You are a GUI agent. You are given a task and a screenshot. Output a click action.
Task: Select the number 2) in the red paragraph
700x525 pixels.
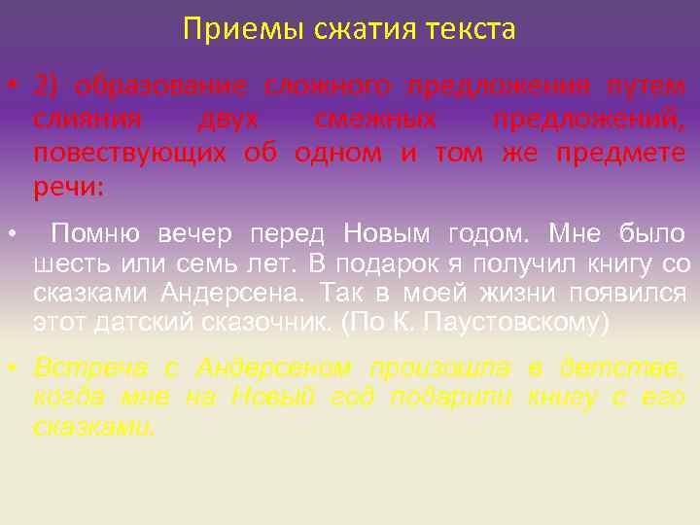[46, 86]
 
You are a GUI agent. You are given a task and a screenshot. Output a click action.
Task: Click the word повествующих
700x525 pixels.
[130, 154]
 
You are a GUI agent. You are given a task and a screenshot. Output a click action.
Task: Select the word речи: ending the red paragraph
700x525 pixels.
[67, 188]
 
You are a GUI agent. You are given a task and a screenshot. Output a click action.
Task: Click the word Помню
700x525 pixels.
[95, 234]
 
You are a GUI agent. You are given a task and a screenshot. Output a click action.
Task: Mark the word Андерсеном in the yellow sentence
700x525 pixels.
[273, 367]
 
